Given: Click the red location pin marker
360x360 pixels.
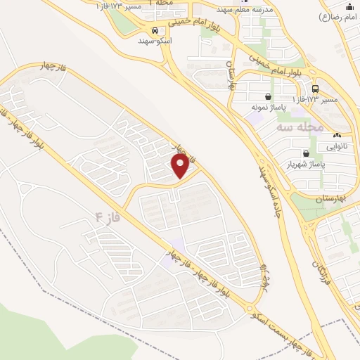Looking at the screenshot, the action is tap(181, 167).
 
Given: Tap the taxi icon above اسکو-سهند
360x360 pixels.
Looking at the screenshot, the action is tap(155, 31).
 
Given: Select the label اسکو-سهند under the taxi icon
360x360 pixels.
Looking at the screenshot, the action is tap(155, 41).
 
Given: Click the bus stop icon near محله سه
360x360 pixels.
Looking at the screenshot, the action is tap(314, 89).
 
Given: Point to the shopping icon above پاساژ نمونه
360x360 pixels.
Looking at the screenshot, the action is tap(268, 97).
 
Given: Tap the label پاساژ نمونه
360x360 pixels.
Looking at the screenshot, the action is tap(268, 108).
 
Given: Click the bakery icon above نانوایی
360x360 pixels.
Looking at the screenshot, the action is tap(337, 136).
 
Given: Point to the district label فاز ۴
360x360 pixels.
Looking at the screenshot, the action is tap(105, 217).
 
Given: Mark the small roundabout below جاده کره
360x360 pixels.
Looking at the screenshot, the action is tap(250, 307).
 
